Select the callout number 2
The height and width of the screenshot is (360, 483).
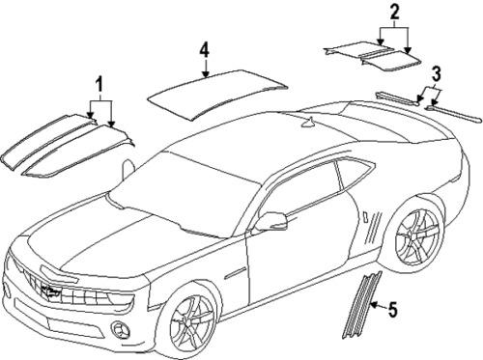pos(393,13)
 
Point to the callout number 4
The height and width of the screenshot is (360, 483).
pos(204,47)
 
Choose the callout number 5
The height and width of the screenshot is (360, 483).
pos(392,310)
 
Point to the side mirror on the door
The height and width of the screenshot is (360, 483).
pos(273,222)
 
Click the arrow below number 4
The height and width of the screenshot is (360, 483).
pos(204,68)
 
